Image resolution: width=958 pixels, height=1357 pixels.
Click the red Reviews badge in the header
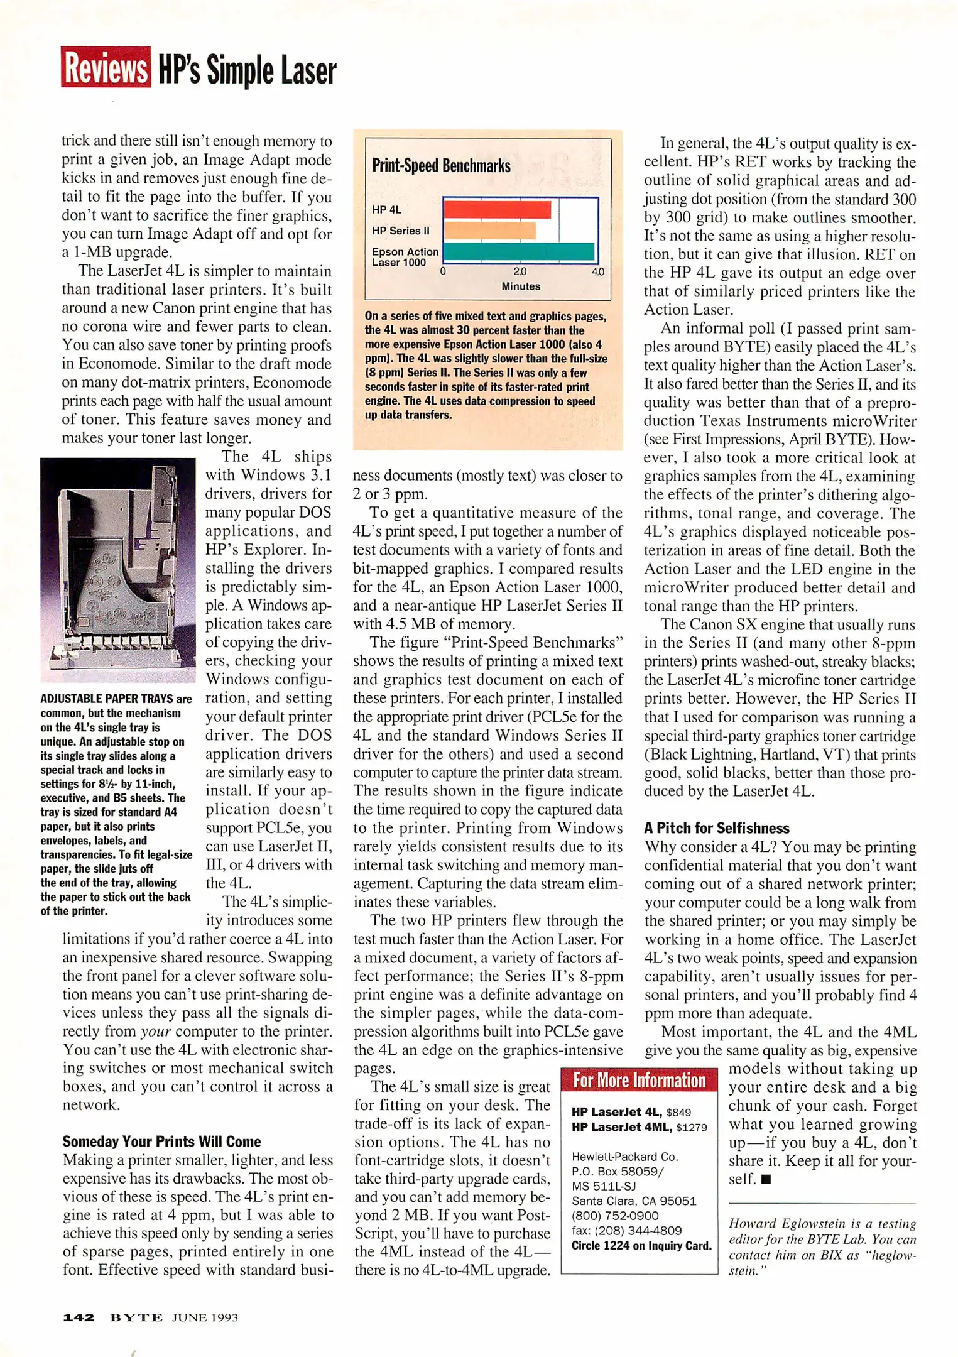tap(106, 67)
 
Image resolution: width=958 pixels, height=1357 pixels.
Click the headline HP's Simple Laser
tap(247, 70)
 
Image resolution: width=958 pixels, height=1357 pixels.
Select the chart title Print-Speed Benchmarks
tap(441, 166)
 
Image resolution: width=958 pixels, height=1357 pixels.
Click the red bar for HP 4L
tap(497, 209)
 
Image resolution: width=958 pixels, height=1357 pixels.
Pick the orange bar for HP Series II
tap(489, 231)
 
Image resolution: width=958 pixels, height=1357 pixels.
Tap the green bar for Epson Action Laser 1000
tap(518, 251)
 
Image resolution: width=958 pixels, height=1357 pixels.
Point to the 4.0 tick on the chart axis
tap(597, 272)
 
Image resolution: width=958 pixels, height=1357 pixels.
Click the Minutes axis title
tap(520, 286)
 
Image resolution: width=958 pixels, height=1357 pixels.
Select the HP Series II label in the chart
tap(400, 231)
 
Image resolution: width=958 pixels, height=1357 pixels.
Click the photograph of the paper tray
tap(118, 569)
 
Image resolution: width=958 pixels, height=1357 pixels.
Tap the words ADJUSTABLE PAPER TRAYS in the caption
tap(106, 699)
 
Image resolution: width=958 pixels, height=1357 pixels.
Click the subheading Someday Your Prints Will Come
tap(161, 1142)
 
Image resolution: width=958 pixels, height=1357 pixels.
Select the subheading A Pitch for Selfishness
tap(716, 828)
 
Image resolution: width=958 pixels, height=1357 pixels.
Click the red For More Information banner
tap(639, 1081)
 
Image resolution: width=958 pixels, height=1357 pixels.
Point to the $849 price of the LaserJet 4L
tap(678, 1113)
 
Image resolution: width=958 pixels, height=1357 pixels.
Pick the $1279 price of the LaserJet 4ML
tap(691, 1128)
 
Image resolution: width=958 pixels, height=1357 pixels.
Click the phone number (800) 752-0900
tap(614, 1216)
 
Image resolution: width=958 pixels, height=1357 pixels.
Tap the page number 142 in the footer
tap(79, 1317)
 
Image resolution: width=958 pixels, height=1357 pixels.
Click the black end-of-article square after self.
tap(765, 1179)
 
